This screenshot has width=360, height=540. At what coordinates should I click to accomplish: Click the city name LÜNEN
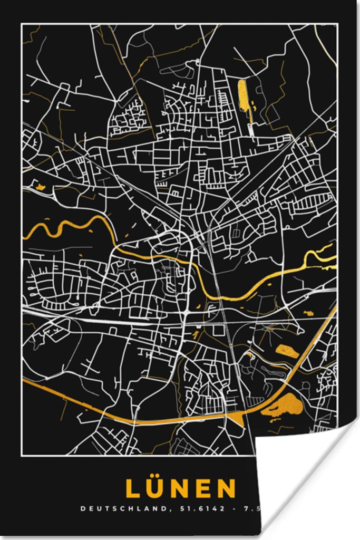180,488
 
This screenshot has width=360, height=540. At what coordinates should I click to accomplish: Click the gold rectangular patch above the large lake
286,349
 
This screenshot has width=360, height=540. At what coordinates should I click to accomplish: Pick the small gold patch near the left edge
40,186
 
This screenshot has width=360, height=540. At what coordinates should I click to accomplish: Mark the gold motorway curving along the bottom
132,417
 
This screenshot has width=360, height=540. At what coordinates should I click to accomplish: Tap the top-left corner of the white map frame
22,24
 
